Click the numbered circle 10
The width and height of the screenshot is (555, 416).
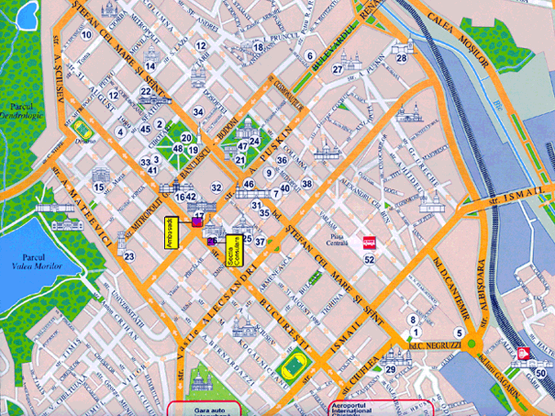pos(86,34)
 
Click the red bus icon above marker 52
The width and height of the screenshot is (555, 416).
pos(369,242)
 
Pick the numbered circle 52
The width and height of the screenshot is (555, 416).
pos(370,259)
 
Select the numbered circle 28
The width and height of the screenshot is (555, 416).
pos(402,58)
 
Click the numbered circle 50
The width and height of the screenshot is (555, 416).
pos(541,373)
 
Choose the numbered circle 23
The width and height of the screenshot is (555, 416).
pos(130,256)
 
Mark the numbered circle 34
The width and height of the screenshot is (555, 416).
pos(198,112)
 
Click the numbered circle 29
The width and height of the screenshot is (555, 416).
pos(391,370)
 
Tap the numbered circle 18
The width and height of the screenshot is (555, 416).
pos(258,47)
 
